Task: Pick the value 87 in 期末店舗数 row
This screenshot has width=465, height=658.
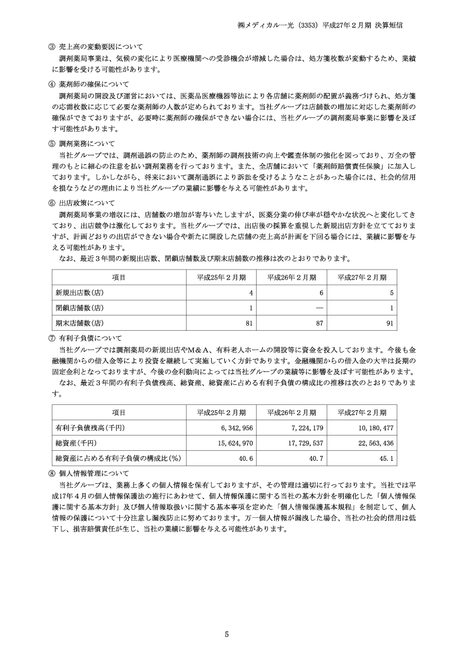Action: point(320,323)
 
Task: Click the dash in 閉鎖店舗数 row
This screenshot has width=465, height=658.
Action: point(320,307)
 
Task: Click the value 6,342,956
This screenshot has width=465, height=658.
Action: point(236,427)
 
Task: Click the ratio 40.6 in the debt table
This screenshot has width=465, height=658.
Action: point(247,458)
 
